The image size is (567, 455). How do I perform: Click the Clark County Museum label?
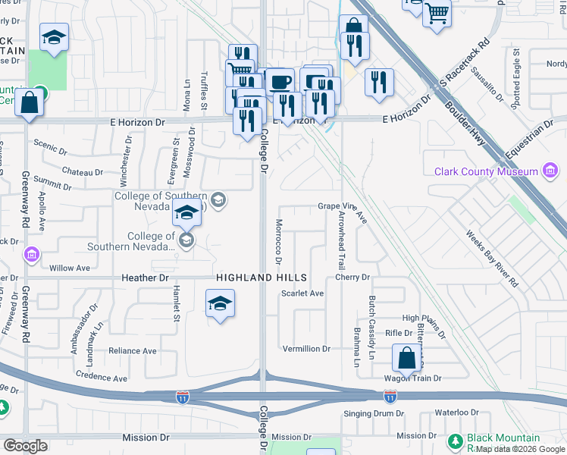click(x=485, y=171)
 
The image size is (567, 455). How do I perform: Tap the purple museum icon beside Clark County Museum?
click(x=551, y=172)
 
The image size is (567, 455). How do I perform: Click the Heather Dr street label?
click(x=144, y=278)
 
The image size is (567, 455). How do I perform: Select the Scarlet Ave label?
click(x=302, y=293)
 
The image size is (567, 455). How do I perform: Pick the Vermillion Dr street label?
click(x=306, y=349)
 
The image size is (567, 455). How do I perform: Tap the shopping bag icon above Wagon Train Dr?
click(x=406, y=359)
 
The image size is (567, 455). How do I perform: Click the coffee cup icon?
click(x=280, y=81)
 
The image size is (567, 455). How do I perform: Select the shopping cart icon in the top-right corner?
click(x=437, y=13)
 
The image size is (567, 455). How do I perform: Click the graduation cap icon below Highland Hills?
click(x=220, y=305)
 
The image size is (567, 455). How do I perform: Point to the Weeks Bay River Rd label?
click(x=493, y=259)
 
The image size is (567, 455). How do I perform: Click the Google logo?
click(x=26, y=445)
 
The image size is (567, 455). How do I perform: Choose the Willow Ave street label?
click(x=69, y=268)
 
